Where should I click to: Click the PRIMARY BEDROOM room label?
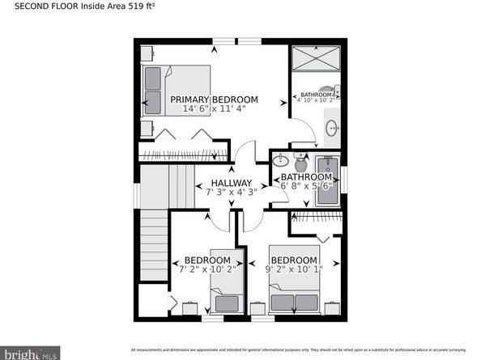click(x=214, y=100)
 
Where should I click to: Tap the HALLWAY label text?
click(x=232, y=183)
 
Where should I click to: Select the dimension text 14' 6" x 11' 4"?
click(x=214, y=109)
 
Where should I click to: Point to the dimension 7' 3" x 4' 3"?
click(x=232, y=193)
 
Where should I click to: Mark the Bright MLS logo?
click(x=32, y=352)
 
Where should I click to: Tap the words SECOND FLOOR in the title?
click(x=41, y=14)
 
